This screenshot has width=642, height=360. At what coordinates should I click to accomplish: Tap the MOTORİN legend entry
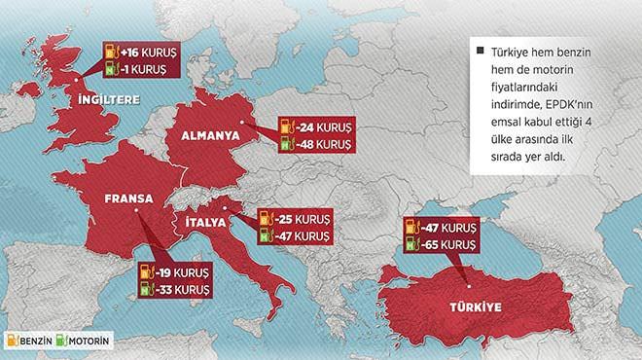[x=89, y=342]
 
